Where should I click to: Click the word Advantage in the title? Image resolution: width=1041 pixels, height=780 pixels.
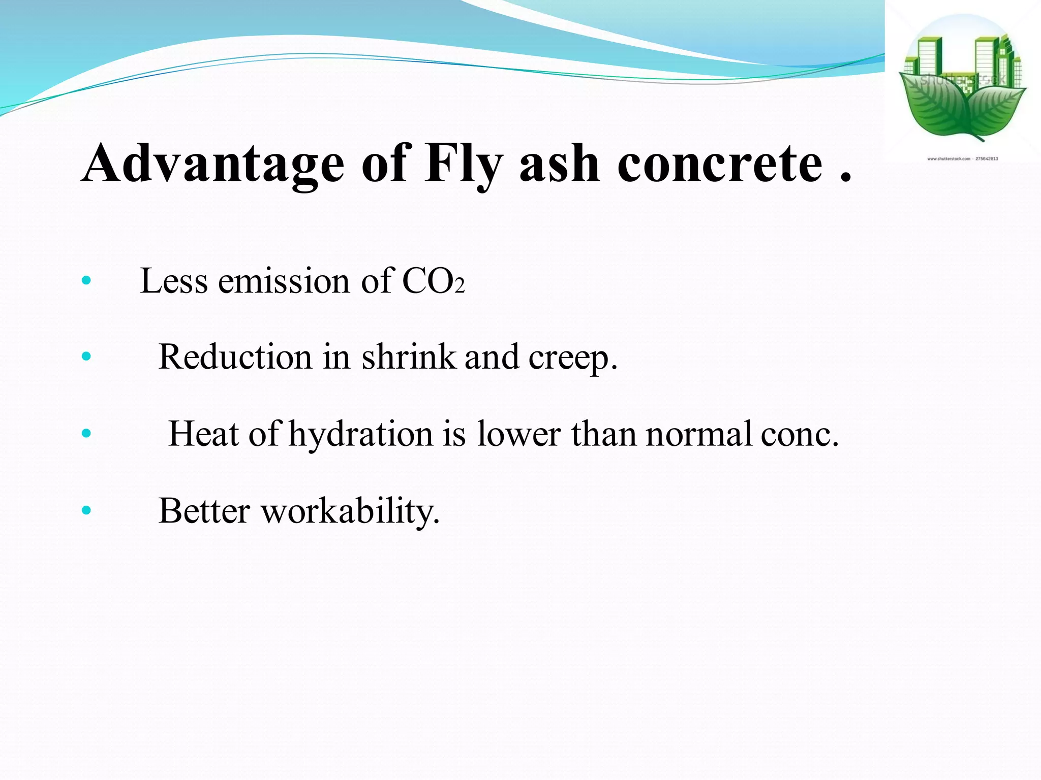point(213,164)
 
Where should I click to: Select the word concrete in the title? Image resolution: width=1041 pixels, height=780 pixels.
point(719,164)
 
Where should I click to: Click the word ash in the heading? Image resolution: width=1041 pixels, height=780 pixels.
point(559,164)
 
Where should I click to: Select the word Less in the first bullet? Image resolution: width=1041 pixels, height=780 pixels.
point(173,281)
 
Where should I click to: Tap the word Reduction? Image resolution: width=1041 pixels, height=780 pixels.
point(235,356)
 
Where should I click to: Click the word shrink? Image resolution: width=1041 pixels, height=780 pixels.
point(409,356)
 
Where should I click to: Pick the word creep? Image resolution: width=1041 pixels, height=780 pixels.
point(572,357)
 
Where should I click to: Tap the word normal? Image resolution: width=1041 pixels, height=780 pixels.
point(698,434)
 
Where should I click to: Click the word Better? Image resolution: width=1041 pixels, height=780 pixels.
point(204,510)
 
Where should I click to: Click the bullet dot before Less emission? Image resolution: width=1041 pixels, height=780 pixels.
point(86,280)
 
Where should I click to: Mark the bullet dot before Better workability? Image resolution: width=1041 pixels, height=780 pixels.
point(86,510)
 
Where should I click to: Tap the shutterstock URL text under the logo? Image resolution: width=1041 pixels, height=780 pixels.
point(962,159)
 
